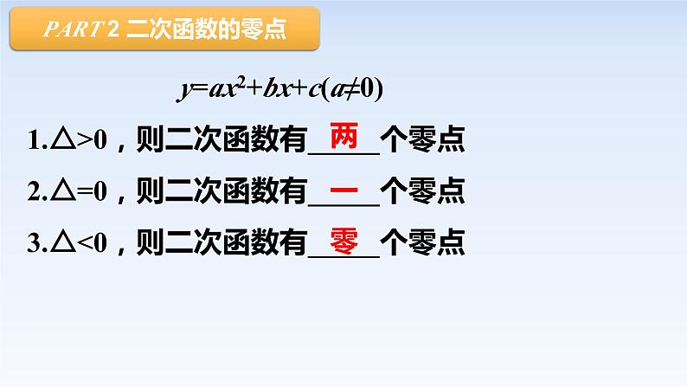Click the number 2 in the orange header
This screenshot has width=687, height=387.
[x=113, y=32]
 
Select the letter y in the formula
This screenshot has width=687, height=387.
[x=184, y=92]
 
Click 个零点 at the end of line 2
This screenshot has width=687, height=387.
[x=423, y=191]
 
